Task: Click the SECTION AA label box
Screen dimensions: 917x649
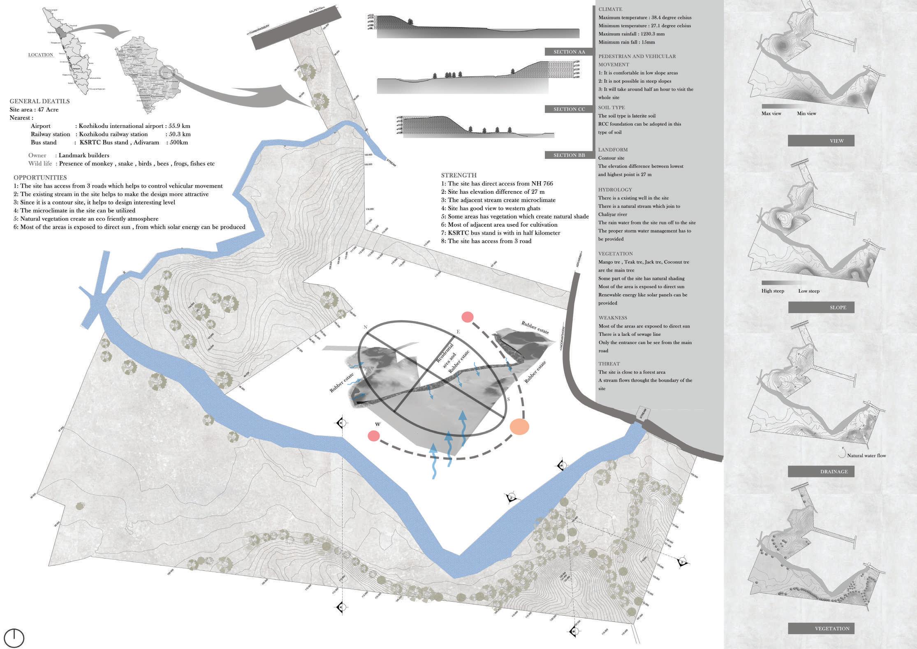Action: coord(569,52)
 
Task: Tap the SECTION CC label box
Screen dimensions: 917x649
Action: coord(569,109)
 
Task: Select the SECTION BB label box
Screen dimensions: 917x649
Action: coord(569,155)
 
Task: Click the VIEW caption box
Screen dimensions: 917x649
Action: coord(821,141)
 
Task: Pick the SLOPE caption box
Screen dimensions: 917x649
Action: coord(821,307)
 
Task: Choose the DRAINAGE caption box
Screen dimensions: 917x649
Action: coord(821,472)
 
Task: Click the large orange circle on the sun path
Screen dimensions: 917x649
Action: coord(519,427)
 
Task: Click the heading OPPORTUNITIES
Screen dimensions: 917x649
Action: coord(40,178)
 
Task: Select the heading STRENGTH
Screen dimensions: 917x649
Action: coord(458,175)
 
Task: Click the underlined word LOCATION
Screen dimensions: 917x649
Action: coord(41,55)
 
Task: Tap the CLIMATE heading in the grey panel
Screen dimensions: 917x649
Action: coord(610,9)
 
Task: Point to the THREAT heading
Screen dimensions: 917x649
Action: coord(609,364)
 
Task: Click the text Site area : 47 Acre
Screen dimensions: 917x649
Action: coord(34,109)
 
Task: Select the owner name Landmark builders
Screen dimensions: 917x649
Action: coord(84,156)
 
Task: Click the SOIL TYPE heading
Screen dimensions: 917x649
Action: coord(611,107)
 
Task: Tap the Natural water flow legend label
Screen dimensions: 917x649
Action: coord(866,456)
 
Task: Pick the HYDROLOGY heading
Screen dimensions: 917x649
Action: coord(615,190)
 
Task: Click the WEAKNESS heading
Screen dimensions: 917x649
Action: coord(613,318)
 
